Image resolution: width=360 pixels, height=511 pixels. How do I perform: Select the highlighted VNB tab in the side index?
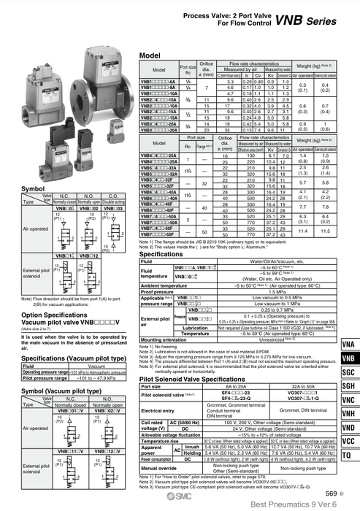coord(348,360)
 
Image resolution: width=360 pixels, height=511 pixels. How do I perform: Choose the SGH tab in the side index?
coord(348,386)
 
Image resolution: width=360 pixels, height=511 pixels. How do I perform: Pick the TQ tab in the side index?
coord(348,456)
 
